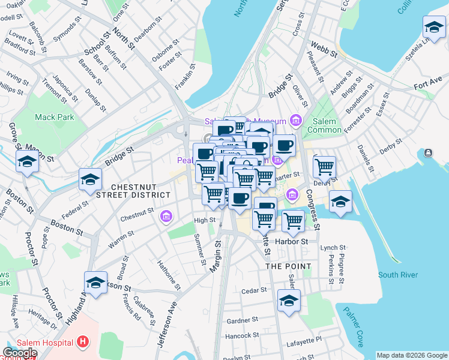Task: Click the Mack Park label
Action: click(55, 117)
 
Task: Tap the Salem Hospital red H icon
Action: click(83, 343)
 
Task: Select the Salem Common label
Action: click(325, 125)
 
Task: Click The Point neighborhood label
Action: click(288, 266)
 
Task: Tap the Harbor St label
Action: click(292, 241)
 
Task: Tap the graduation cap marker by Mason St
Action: click(27, 161)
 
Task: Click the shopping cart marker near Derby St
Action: click(324, 166)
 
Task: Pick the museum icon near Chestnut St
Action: click(166, 216)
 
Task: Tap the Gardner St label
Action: click(242, 320)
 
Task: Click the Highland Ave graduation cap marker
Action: click(96, 283)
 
